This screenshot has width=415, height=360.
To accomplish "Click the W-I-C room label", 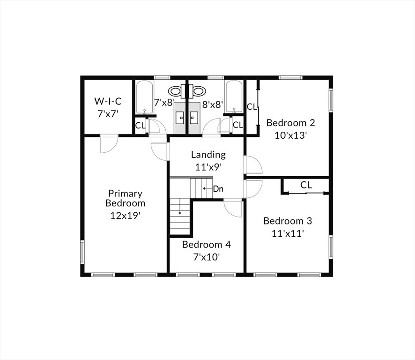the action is (108, 101).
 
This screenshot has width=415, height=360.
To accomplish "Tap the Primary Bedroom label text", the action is (125, 198).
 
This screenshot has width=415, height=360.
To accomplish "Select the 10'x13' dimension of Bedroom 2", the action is (290, 135).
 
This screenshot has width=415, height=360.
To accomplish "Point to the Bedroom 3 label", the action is (288, 221).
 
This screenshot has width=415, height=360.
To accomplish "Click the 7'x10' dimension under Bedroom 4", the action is (207, 257).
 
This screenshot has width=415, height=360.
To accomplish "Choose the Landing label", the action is (208, 155).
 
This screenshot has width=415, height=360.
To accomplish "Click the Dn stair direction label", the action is (218, 189).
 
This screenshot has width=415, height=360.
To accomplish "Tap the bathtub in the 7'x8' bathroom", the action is (145, 97).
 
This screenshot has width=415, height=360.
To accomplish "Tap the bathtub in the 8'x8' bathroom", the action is (234, 97).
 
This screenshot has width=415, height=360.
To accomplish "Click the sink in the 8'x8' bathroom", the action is (194, 118).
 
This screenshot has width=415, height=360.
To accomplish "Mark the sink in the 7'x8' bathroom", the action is (180, 118).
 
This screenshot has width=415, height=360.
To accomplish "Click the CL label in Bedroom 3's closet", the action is (306, 185).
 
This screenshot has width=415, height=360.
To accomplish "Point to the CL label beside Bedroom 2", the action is (252, 107).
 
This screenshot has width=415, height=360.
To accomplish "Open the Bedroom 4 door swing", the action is (233, 208).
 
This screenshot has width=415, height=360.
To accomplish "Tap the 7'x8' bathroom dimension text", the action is (164, 102).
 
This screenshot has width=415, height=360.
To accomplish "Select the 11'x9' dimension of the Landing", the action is (208, 167).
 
